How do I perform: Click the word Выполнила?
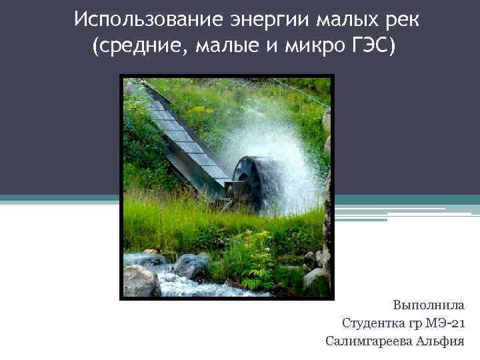(429, 306)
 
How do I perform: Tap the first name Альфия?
(441, 341)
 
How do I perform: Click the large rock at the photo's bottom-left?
(141, 281)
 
